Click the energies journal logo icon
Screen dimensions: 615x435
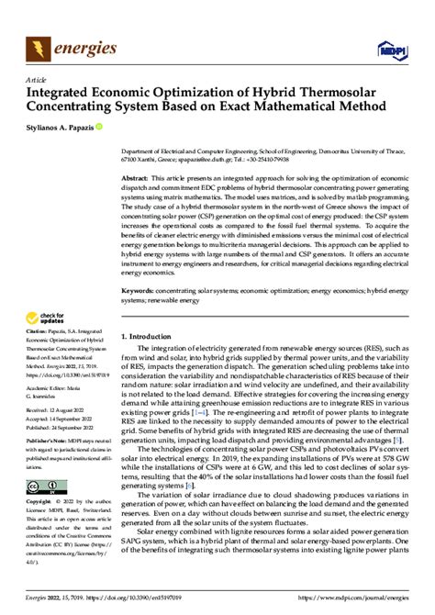coord(38,45)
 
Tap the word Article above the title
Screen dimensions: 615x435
coord(36,80)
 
